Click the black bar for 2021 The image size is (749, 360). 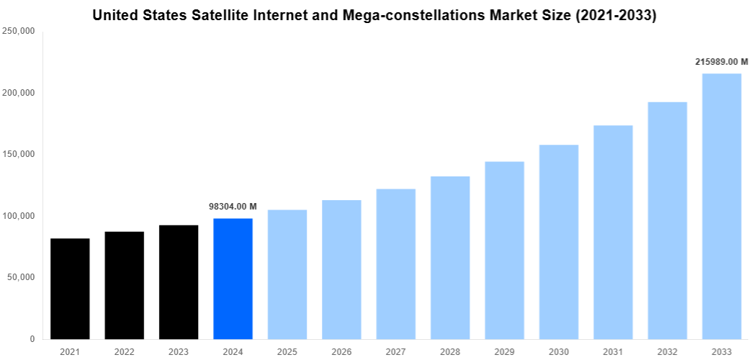(70, 289)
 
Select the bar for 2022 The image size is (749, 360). (124, 285)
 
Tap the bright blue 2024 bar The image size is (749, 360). (233, 279)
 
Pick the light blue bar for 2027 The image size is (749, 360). (395, 264)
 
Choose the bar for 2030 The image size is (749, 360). (558, 242)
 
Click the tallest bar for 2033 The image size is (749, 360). (721, 206)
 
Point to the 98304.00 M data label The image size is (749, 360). (233, 206)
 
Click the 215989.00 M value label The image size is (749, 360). (721, 62)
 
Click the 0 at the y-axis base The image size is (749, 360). (32, 339)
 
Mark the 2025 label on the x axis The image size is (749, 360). (287, 351)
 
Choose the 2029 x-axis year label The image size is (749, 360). (504, 351)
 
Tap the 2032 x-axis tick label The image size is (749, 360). (667, 351)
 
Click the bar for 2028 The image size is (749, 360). (450, 258)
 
